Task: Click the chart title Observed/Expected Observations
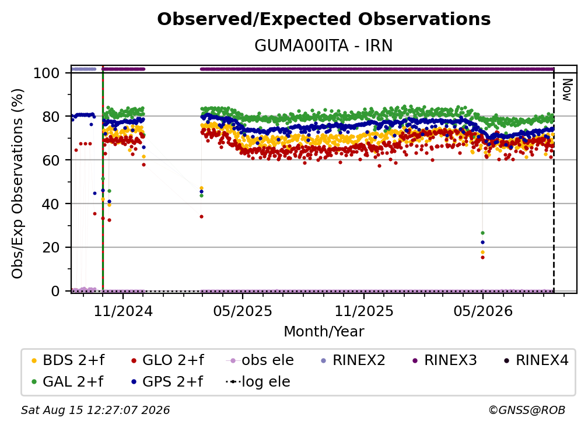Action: click(x=324, y=19)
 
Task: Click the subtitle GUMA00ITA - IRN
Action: click(x=324, y=45)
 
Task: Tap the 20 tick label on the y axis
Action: click(x=51, y=247)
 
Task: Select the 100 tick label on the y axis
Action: click(x=47, y=73)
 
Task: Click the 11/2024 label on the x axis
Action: click(x=124, y=311)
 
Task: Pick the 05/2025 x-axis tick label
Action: click(x=243, y=311)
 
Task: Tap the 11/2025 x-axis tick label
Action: click(x=364, y=311)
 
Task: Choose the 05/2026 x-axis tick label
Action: click(x=483, y=311)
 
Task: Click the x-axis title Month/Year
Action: click(x=324, y=332)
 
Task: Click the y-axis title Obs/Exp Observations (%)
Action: click(x=17, y=184)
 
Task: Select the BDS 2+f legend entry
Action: click(x=68, y=360)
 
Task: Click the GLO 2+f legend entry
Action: click(x=167, y=360)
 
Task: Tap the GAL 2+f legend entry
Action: click(x=68, y=381)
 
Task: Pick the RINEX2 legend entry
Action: click(x=353, y=360)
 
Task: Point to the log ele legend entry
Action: click(x=258, y=381)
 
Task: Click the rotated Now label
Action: click(x=567, y=90)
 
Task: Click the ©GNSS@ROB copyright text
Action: click(x=527, y=411)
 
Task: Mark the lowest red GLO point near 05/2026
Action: click(x=482, y=258)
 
